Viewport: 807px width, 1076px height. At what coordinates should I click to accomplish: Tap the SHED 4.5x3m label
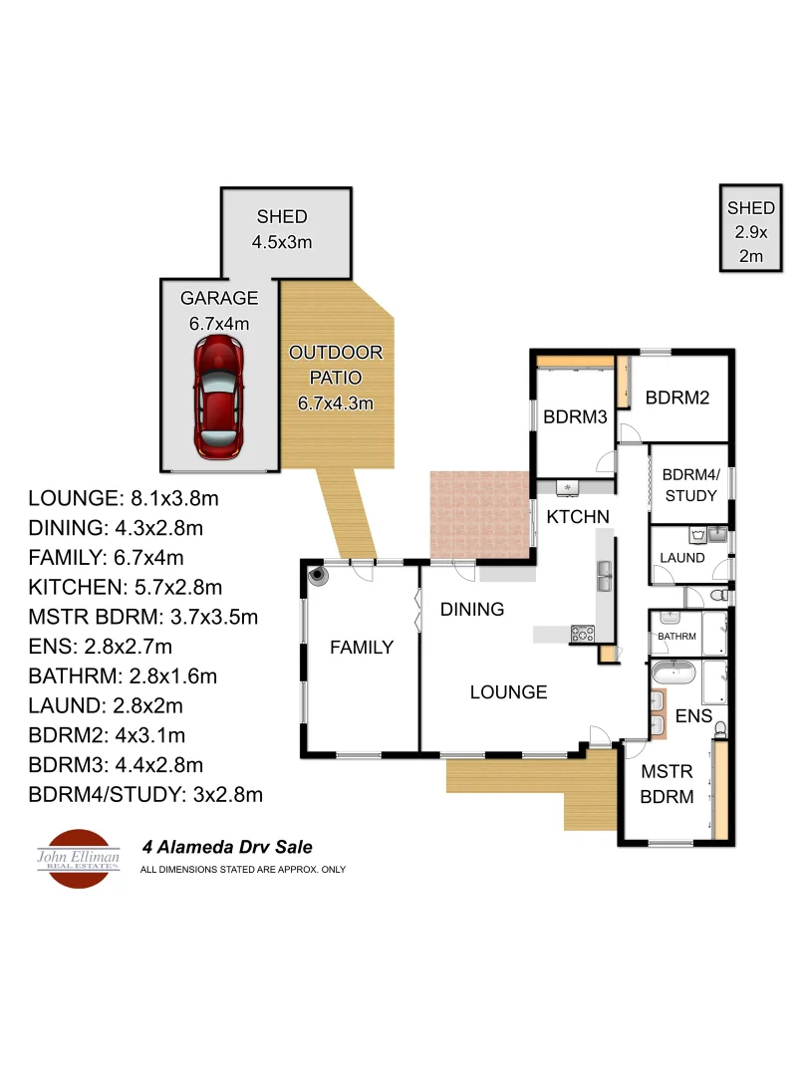click(282, 228)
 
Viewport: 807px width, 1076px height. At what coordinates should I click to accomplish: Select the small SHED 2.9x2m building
click(750, 230)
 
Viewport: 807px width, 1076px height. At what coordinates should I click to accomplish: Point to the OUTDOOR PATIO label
click(335, 378)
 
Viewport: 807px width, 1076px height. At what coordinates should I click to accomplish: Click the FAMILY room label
click(362, 648)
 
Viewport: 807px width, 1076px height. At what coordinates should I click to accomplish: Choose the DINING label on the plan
click(472, 609)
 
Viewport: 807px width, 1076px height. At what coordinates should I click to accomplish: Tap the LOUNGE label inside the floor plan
click(508, 691)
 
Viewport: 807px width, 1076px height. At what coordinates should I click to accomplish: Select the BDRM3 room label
click(575, 417)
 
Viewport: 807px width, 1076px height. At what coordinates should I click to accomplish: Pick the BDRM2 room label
click(677, 398)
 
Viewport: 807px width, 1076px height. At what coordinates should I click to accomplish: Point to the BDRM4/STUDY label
click(689, 484)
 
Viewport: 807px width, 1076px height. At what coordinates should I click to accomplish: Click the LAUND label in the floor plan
click(683, 558)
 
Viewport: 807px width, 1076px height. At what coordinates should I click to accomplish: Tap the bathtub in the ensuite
click(675, 672)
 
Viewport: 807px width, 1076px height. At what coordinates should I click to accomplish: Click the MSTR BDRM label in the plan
click(667, 783)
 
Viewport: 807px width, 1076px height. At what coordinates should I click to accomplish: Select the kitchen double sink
click(605, 575)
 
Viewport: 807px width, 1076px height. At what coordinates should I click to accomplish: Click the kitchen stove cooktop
click(582, 632)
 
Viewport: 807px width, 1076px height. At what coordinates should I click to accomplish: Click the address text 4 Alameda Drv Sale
click(227, 848)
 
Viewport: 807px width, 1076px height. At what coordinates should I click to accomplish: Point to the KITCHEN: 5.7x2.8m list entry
click(126, 587)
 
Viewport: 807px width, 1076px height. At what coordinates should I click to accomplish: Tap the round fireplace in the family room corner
click(318, 575)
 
